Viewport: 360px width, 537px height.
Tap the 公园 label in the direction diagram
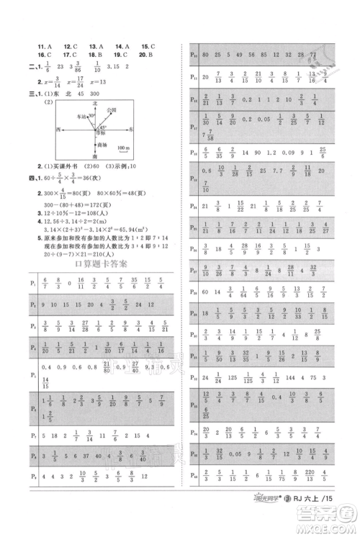(110, 109)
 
